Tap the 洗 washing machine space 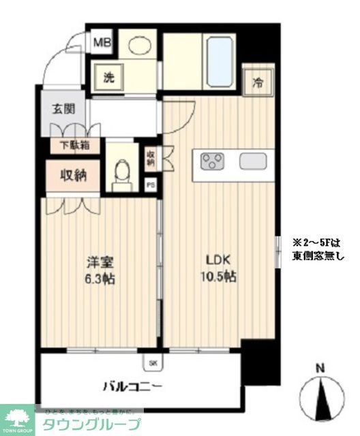[108, 77]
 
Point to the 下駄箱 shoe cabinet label [74, 144]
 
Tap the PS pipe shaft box [151, 185]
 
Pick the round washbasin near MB [140, 44]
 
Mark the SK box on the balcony [152, 361]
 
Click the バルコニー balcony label [133, 387]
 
